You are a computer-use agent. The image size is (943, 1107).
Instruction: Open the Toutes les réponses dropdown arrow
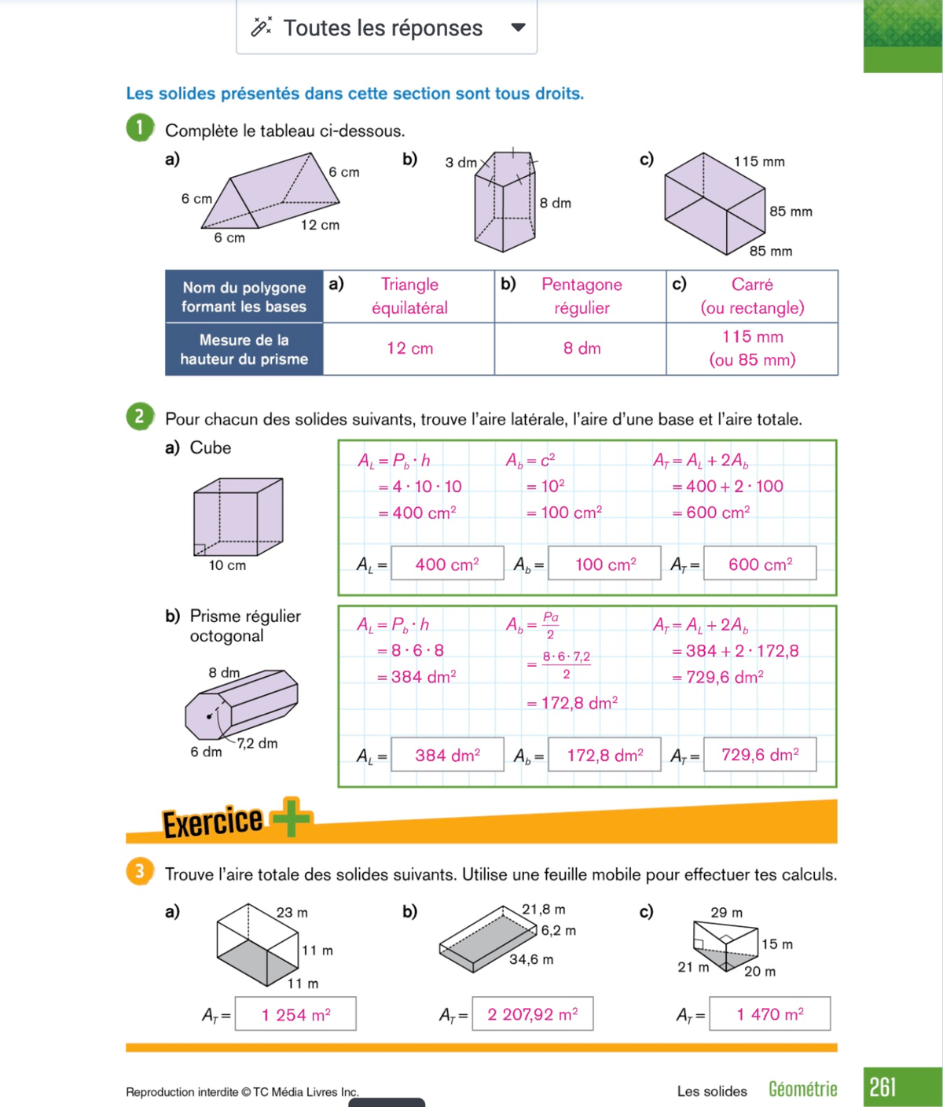518,28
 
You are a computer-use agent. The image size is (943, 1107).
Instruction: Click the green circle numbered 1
139,127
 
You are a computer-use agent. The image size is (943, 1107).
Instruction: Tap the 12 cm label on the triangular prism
320,225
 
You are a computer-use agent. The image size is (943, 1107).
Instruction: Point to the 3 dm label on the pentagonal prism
460,163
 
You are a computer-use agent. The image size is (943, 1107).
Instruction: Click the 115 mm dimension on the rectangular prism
759,161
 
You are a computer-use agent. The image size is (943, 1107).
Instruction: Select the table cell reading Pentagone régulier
582,296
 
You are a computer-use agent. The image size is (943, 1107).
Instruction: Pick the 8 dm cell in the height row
582,348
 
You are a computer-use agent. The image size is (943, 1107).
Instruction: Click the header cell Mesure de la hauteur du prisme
244,349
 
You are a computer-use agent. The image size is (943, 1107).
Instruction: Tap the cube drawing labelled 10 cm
237,517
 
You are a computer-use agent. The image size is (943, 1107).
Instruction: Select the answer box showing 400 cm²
447,564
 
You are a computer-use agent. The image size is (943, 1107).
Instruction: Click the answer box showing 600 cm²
760,564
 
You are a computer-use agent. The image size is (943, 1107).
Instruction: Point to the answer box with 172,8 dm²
604,755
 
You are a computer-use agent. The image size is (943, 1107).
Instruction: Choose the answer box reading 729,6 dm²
760,755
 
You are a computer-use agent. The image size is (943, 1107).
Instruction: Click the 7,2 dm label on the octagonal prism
258,743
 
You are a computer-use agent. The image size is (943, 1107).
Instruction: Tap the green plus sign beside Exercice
292,818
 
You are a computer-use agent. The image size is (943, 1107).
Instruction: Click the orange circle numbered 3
139,871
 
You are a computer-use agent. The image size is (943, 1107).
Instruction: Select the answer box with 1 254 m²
295,1014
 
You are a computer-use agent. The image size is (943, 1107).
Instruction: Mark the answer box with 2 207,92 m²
532,1014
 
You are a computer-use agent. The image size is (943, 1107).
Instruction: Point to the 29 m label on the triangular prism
726,913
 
